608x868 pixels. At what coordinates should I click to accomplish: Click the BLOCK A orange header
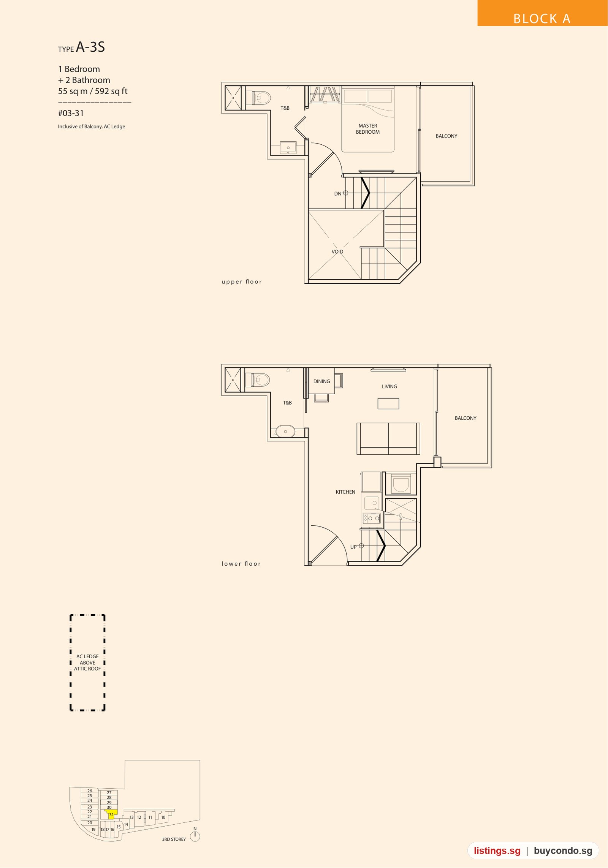(542, 13)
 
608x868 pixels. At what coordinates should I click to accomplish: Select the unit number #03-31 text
(71, 113)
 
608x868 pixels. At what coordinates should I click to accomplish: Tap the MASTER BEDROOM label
(367, 129)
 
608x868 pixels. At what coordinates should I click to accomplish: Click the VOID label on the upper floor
(337, 251)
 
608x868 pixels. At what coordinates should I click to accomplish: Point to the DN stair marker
(341, 193)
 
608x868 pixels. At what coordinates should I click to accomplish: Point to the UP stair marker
(357, 547)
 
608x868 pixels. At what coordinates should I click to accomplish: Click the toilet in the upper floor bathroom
(258, 98)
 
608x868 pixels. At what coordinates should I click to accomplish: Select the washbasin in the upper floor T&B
(288, 147)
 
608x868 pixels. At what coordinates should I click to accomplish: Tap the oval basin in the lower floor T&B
(285, 432)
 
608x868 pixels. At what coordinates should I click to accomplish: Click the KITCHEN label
(345, 492)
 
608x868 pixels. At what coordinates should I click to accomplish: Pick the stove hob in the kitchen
(372, 518)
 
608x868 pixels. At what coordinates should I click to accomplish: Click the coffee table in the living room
(388, 403)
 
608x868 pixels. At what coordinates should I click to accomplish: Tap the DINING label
(321, 381)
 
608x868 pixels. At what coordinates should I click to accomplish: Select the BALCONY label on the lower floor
(465, 418)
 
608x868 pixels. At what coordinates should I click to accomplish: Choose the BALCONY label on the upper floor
(446, 136)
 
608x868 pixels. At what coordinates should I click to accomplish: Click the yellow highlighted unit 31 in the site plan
(111, 814)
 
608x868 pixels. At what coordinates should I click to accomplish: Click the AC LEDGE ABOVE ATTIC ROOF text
(87, 662)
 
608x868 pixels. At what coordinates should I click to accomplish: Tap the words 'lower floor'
(241, 564)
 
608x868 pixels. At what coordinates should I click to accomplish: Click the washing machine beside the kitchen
(401, 484)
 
